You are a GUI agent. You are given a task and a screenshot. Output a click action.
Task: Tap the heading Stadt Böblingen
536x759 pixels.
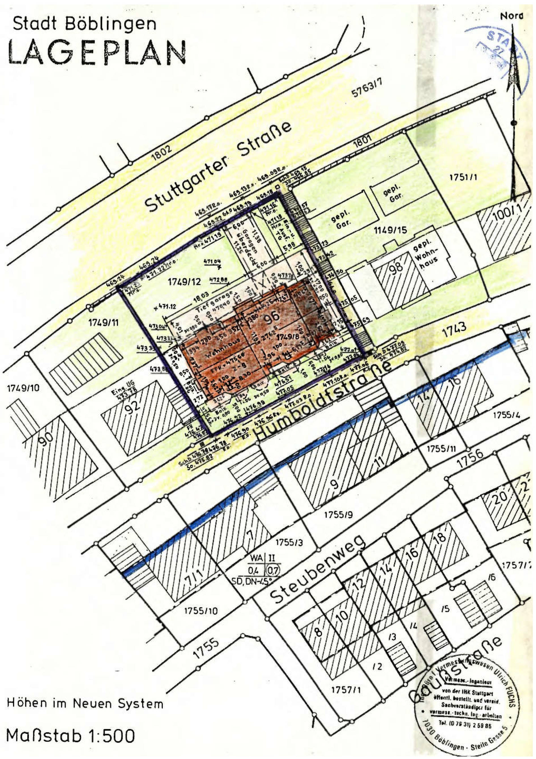click(x=85, y=24)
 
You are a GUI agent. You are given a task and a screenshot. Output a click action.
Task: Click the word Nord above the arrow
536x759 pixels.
click(x=512, y=16)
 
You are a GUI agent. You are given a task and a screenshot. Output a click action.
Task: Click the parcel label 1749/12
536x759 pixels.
click(x=184, y=282)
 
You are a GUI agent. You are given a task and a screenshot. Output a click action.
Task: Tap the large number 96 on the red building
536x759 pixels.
click(x=271, y=317)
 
